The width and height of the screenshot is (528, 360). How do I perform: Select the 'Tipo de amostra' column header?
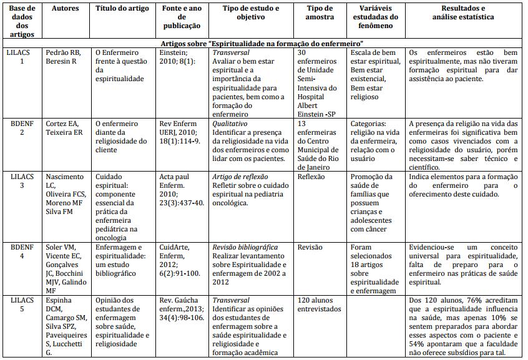[x=324, y=12]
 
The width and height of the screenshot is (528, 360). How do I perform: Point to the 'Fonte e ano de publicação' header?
[x=182, y=17]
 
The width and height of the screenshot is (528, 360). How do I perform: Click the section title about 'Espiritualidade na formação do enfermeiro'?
[x=263, y=44]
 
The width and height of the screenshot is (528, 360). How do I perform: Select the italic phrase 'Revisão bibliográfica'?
[x=245, y=247]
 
